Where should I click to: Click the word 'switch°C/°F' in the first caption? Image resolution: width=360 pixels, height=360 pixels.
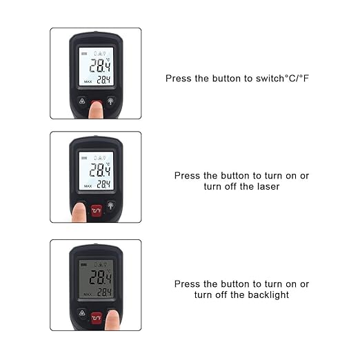click(x=281, y=79)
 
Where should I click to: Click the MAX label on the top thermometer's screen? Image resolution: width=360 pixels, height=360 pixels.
click(x=88, y=81)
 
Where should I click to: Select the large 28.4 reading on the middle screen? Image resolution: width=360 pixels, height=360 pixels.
click(x=100, y=170)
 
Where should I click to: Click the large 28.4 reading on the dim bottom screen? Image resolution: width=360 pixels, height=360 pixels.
click(x=100, y=278)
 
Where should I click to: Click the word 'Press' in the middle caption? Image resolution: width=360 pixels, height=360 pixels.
click(x=188, y=176)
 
